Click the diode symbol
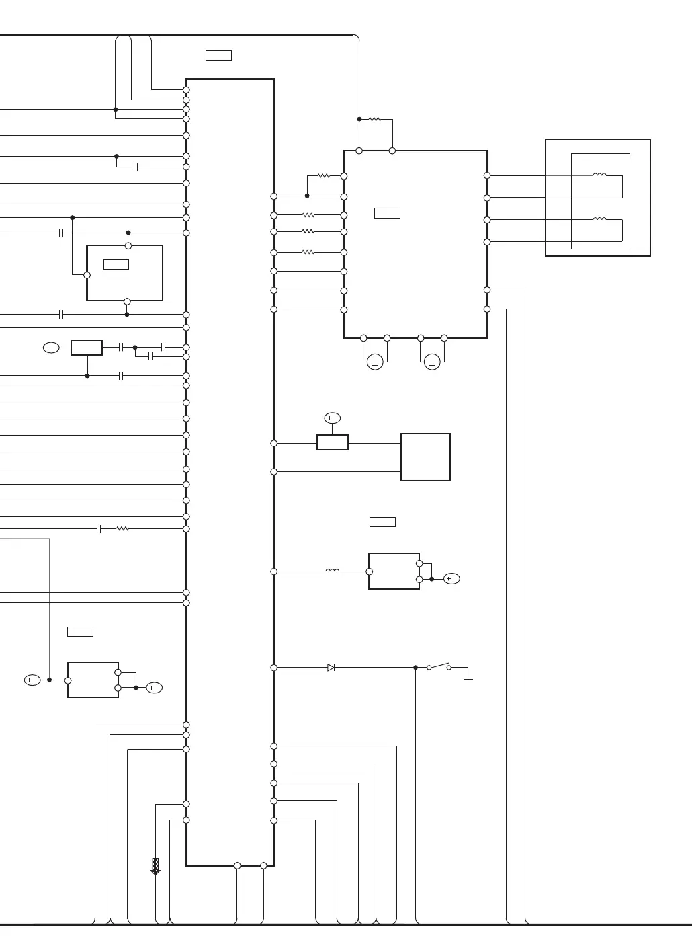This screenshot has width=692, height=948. (x=331, y=668)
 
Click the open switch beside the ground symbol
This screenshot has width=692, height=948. (x=439, y=666)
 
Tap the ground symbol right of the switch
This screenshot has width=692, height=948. (x=468, y=678)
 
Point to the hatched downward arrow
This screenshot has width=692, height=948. (x=155, y=866)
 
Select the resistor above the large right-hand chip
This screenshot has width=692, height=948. (x=375, y=120)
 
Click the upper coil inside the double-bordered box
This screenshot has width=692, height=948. (x=599, y=175)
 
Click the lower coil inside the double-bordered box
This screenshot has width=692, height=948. (x=599, y=219)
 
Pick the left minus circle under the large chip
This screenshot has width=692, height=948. (x=375, y=363)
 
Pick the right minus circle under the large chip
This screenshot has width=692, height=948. (x=432, y=363)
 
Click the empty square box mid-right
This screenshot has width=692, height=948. (x=425, y=457)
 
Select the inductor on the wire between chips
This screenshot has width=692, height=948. (x=332, y=571)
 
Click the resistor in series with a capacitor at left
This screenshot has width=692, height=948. (x=122, y=529)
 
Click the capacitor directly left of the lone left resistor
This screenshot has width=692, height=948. (x=99, y=529)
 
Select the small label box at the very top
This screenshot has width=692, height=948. (x=218, y=55)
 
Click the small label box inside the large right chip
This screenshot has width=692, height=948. (x=387, y=213)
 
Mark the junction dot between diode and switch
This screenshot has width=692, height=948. (x=415, y=668)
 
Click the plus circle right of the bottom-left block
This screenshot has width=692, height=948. (x=154, y=688)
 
